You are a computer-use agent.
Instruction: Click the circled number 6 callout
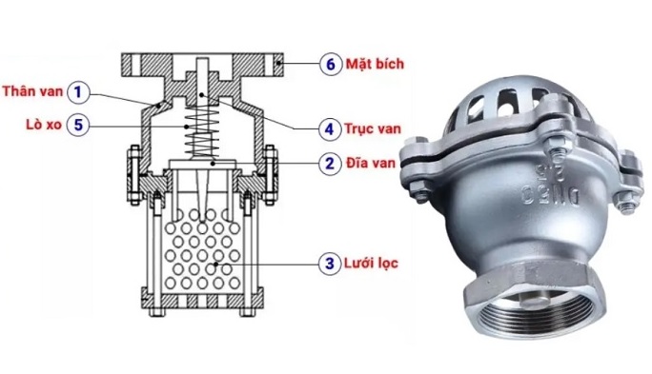click(x=331, y=64)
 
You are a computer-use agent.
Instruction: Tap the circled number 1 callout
click(x=78, y=91)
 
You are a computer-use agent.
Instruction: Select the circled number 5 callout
click(x=78, y=125)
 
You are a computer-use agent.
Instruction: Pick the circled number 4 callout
click(x=330, y=129)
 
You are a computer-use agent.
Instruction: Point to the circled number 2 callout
click(x=330, y=163)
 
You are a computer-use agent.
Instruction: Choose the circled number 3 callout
click(x=330, y=264)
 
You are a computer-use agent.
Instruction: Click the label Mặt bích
click(x=375, y=64)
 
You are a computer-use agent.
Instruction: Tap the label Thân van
click(x=32, y=91)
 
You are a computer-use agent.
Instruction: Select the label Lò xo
click(x=44, y=124)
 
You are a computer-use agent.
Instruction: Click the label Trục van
click(x=373, y=128)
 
